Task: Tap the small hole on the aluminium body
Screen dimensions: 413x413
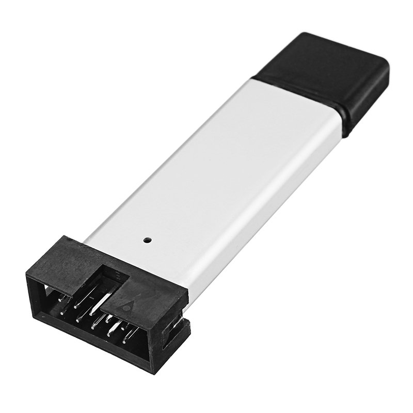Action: tap(147, 240)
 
